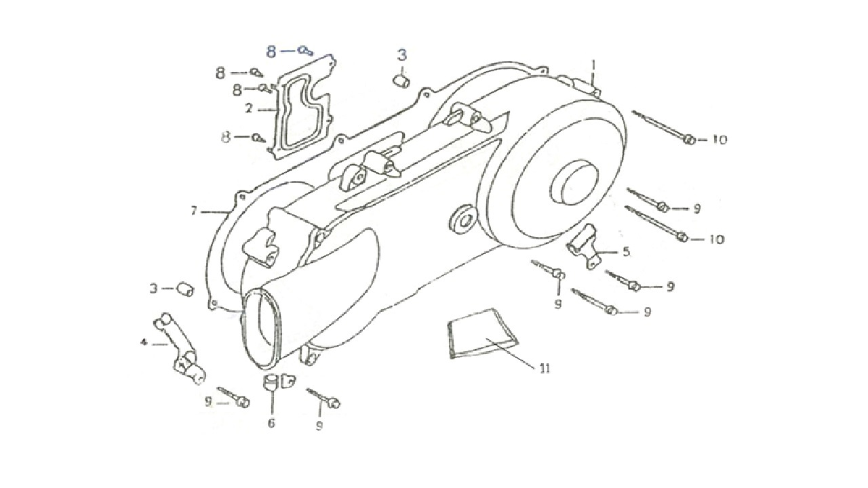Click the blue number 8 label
click(271, 52)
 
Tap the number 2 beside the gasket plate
click(249, 108)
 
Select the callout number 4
click(144, 342)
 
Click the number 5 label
click(626, 252)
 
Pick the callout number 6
click(271, 422)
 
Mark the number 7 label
click(194, 211)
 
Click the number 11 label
click(545, 369)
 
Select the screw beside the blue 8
click(305, 50)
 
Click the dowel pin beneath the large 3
click(402, 81)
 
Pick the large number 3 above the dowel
click(402, 55)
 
